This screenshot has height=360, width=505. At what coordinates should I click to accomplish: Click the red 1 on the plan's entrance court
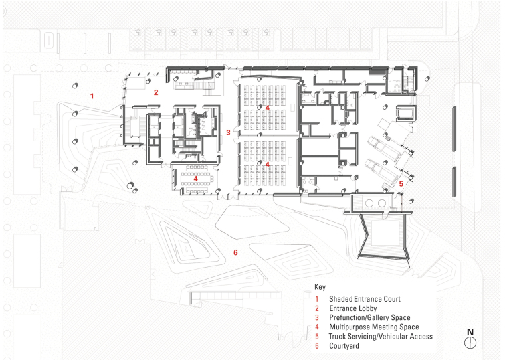(92, 96)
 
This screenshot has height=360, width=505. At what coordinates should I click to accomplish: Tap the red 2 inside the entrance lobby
(156, 92)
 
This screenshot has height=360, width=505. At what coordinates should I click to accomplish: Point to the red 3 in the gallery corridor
(228, 133)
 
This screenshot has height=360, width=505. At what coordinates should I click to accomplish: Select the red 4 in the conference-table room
(197, 179)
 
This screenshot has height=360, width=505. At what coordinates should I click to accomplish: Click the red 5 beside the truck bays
(401, 183)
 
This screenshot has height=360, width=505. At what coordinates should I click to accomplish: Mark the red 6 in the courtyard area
(235, 252)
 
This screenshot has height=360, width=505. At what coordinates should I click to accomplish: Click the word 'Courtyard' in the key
(344, 346)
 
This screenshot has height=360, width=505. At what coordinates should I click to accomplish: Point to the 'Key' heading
(320, 288)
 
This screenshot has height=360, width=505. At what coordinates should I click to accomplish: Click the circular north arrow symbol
(470, 341)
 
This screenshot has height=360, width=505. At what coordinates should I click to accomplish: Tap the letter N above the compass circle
(470, 331)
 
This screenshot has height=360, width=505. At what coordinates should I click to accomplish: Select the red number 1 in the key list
(317, 299)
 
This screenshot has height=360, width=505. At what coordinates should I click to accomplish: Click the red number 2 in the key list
(317, 308)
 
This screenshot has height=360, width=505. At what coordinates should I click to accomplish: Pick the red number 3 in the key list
(317, 317)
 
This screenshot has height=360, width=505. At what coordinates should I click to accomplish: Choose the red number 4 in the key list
(317, 327)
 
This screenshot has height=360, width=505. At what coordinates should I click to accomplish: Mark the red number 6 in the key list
(317, 346)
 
